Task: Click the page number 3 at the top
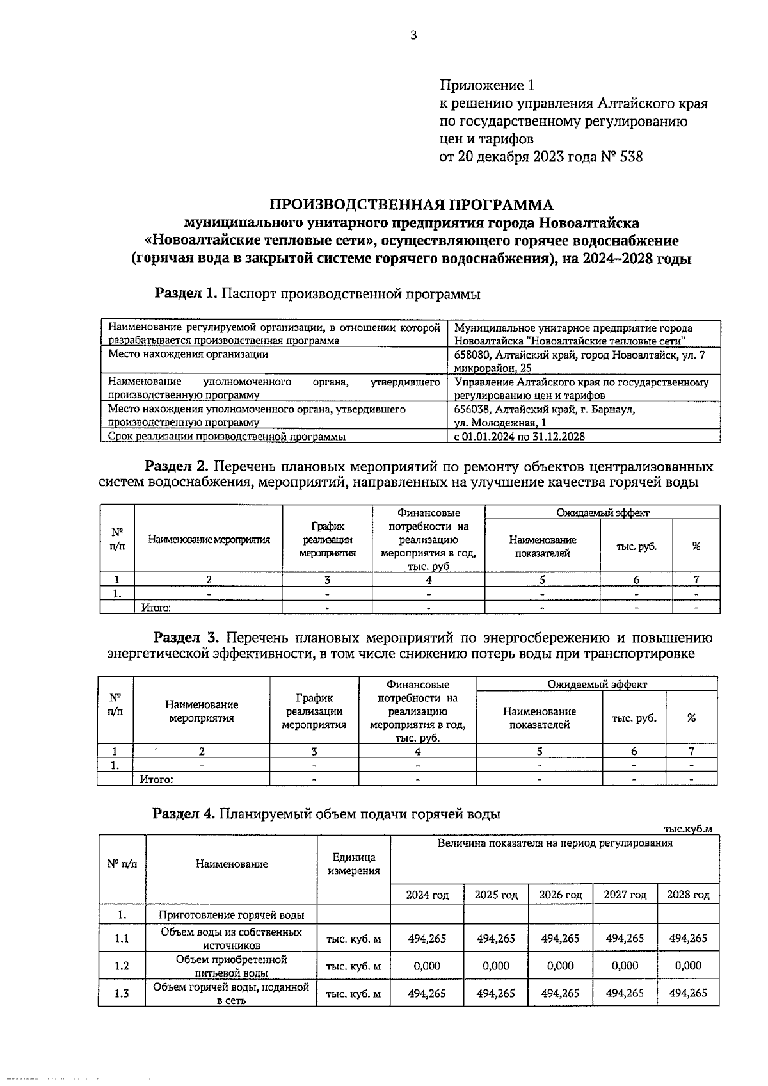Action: (x=413, y=36)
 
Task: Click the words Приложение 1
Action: (x=486, y=85)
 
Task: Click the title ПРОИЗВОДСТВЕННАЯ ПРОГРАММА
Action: (x=411, y=205)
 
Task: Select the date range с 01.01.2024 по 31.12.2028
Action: (x=519, y=437)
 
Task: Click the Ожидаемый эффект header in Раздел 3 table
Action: (x=596, y=684)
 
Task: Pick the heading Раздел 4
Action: (x=184, y=814)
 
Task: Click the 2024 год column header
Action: (x=427, y=895)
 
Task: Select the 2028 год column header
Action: (x=688, y=895)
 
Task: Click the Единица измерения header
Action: (x=353, y=864)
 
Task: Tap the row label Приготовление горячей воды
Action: (x=231, y=915)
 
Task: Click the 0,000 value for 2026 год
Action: (x=560, y=966)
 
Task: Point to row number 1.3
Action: (x=122, y=994)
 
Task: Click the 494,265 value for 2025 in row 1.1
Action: (x=495, y=938)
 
